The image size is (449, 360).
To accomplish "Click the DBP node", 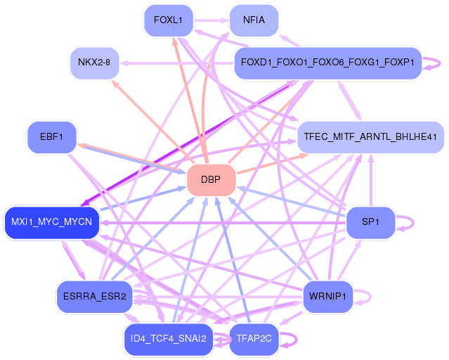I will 210,180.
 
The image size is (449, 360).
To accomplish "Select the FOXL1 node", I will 168,20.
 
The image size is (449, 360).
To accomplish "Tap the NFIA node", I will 254,20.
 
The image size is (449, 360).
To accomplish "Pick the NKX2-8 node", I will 93,63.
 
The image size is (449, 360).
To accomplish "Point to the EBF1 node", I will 51,136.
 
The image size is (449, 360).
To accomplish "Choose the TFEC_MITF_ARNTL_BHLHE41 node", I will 370,136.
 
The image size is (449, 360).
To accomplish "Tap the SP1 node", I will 370,223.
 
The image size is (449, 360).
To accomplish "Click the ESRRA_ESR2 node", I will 93,296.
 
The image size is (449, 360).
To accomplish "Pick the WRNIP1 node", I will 327,296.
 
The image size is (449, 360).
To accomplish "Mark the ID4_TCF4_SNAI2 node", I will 168,339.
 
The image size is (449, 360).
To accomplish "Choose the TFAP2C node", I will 254,339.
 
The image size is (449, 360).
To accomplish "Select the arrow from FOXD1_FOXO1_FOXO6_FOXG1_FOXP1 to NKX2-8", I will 176,63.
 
